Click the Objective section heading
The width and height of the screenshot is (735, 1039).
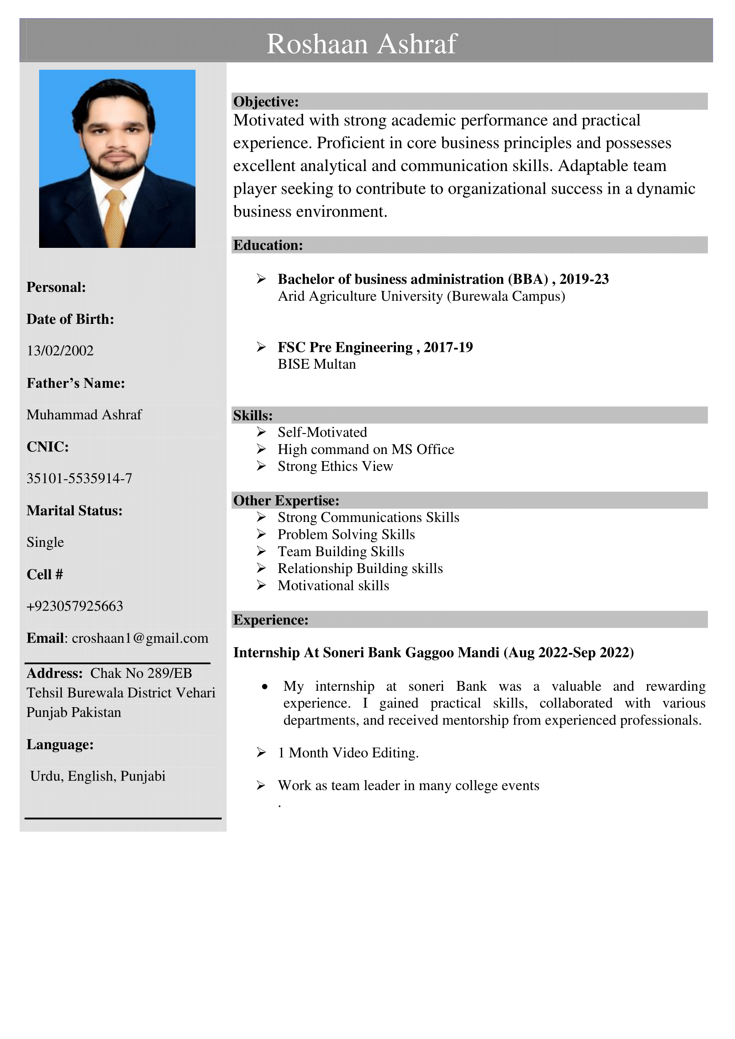point(266,102)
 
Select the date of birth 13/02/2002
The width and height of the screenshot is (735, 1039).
point(60,351)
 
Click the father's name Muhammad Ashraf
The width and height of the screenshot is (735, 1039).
point(84,414)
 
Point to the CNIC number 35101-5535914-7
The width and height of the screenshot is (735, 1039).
point(79,478)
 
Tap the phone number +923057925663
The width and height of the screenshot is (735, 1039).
point(75,606)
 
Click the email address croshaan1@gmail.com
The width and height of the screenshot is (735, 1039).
point(140,638)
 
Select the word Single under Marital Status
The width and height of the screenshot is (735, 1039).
point(45,542)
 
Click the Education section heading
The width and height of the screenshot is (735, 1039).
point(268,245)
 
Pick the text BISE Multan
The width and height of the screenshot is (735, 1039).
point(316,364)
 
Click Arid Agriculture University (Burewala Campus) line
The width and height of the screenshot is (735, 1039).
point(421,296)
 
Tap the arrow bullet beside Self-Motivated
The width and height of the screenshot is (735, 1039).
point(261,432)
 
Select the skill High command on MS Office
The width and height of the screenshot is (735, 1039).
point(366,450)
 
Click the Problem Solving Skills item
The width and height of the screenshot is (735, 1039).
point(346,534)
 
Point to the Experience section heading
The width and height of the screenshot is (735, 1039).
point(271,620)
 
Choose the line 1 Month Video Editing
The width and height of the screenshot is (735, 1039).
point(348,753)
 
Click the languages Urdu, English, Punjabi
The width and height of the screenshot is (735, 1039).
point(97,776)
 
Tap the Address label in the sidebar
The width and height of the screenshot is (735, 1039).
point(54,673)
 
